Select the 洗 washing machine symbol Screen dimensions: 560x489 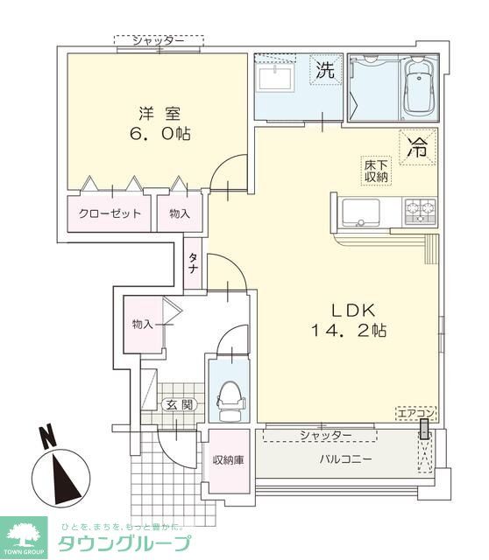324,71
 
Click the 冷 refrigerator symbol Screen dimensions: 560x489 417,147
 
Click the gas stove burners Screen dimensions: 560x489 419,210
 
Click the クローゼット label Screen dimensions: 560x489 110,214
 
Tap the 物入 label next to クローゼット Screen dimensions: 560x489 180,214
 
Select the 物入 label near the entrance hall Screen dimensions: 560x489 142,324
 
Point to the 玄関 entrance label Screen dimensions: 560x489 179,404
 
